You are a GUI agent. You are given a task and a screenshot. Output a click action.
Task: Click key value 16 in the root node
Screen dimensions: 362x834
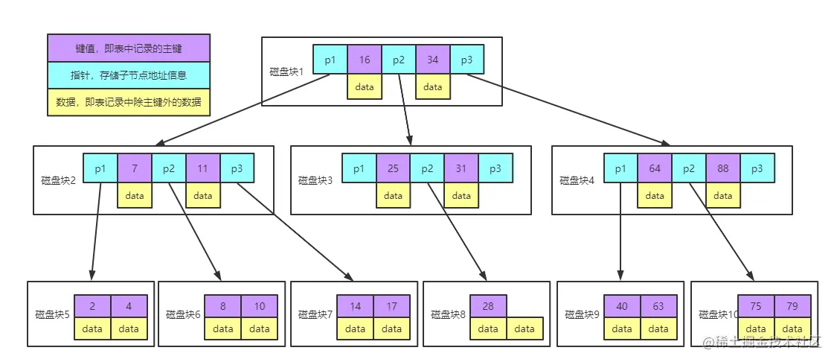click(365, 60)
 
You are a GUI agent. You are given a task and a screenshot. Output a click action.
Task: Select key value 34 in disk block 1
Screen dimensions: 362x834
click(433, 60)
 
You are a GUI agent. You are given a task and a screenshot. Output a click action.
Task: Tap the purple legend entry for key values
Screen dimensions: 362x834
click(129, 48)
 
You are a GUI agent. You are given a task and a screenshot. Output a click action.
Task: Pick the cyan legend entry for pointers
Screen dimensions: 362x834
click(129, 75)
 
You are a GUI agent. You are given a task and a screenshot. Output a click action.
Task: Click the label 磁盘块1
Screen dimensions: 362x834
click(287, 72)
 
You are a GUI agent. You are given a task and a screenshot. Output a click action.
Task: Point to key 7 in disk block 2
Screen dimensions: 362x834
click(135, 168)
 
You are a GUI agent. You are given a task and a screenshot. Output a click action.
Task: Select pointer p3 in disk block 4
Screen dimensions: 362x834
click(757, 168)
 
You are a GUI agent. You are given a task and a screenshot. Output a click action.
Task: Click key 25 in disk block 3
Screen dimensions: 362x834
click(394, 168)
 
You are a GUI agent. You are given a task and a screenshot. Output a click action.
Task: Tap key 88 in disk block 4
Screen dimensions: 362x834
click(723, 168)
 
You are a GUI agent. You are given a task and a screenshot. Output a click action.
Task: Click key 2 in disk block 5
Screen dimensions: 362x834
click(92, 306)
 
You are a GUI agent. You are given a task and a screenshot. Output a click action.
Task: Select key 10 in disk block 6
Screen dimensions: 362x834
click(259, 306)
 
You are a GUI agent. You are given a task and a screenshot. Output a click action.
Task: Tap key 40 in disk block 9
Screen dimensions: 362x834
click(622, 306)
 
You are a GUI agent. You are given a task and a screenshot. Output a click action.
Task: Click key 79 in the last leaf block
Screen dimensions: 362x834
click(792, 306)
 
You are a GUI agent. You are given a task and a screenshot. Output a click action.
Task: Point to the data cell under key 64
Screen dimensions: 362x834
click(655, 196)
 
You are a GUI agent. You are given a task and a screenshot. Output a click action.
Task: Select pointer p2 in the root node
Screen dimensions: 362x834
click(399, 60)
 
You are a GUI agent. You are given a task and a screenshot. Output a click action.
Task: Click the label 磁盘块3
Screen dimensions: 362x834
click(315, 180)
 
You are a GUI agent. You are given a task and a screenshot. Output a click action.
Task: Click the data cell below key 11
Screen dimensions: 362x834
click(203, 196)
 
